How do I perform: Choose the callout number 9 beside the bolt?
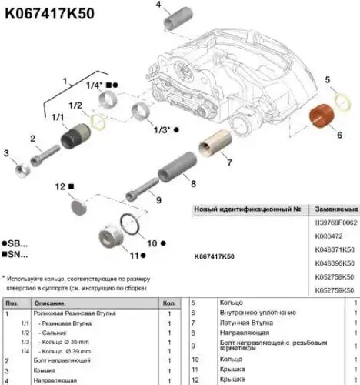click(158, 201)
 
